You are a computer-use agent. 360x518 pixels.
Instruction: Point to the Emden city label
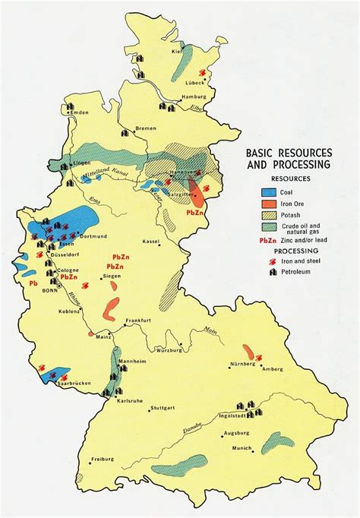click(79, 113)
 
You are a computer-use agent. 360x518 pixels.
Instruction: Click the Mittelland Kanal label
click(97, 174)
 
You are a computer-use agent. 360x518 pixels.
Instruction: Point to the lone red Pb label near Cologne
click(33, 283)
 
